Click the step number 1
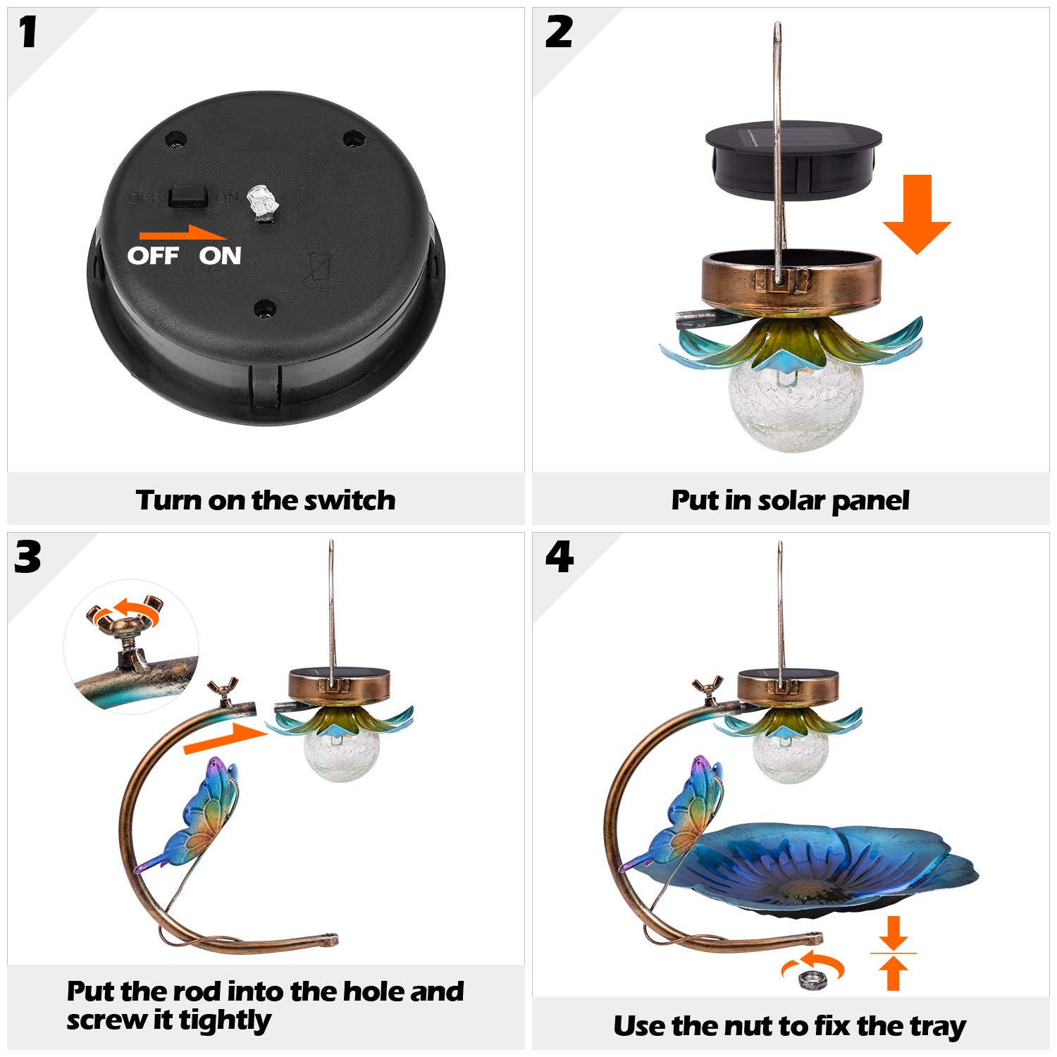[x=28, y=33]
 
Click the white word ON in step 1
[x=220, y=256]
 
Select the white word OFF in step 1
[x=153, y=256]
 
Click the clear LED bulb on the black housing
[x=263, y=204]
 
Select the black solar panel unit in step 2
[x=793, y=160]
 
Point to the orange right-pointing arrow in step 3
[x=224, y=738]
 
